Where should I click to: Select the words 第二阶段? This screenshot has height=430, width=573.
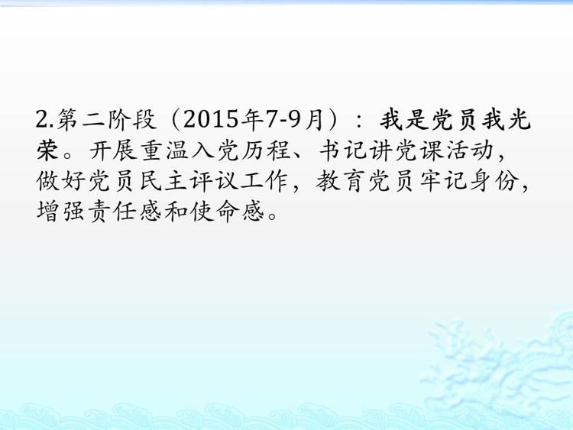pos(107,119)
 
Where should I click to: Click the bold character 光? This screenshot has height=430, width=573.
pos(519,119)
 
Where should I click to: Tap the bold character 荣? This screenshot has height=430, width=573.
pos(47,150)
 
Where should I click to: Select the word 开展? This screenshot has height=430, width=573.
pos(113,150)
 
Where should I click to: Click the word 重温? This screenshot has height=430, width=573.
pos(164,150)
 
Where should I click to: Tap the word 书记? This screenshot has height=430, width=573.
pos(343,150)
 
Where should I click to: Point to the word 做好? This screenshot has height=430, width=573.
pos(61,180)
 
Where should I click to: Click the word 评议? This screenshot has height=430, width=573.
pos(215,180)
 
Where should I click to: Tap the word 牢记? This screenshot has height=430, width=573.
pos(443,180)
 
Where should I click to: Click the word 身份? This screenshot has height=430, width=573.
pos(494,180)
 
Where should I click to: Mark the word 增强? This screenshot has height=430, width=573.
pos(61,211)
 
